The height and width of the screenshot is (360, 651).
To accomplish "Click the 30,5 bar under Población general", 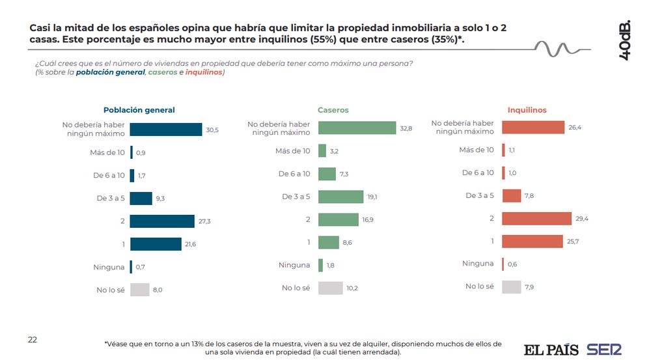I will point(166,130).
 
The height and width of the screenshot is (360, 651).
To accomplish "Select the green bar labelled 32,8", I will point(357,128).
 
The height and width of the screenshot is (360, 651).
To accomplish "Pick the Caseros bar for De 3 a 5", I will point(340,197).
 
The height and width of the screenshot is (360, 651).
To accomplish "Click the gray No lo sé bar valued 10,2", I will point(331,288).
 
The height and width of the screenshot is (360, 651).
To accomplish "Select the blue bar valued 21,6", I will point(156,244).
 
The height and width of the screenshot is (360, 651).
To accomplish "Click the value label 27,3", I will point(204,221).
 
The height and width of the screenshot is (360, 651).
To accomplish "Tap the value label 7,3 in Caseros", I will point(345,174).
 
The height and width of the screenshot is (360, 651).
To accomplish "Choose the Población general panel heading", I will point(139,110).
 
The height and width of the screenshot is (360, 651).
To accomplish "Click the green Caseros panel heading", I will point(333,110).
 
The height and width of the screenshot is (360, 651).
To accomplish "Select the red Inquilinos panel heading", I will point(527,110).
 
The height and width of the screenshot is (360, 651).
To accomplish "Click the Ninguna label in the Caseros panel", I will point(294,265).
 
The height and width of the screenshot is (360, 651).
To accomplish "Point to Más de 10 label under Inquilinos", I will point(477,150).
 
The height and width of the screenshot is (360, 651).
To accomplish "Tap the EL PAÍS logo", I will point(551,350).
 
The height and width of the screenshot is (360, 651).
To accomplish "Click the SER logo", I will point(604,350).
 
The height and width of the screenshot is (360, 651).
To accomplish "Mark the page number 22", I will point(33,340).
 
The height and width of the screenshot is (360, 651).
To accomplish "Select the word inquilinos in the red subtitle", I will point(204,72).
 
